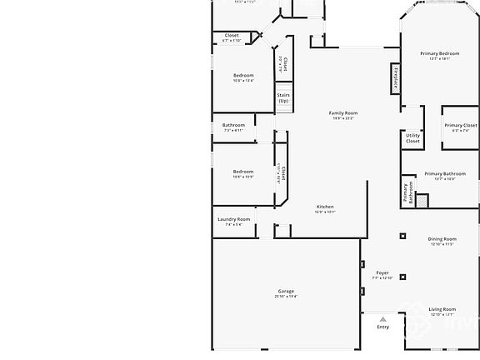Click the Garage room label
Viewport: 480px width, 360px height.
[286, 291]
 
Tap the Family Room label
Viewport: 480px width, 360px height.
[342, 112]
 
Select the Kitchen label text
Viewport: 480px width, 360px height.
[325, 207]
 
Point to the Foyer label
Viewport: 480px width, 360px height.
[382, 272]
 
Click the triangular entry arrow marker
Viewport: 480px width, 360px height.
[382, 318]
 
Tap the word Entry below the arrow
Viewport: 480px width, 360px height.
[382, 327]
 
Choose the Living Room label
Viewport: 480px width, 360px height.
[442, 309]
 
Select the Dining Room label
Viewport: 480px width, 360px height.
[442, 238]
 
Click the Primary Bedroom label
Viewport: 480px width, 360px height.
[439, 53]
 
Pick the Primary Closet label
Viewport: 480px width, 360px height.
[461, 125]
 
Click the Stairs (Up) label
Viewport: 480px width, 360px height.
[283, 97]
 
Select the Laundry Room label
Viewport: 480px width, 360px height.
[233, 219]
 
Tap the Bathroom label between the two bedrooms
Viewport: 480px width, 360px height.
[233, 125]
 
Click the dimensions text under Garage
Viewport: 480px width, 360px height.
[286, 296]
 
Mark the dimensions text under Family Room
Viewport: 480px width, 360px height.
[342, 117]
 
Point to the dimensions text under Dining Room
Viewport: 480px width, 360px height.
[442, 243]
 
